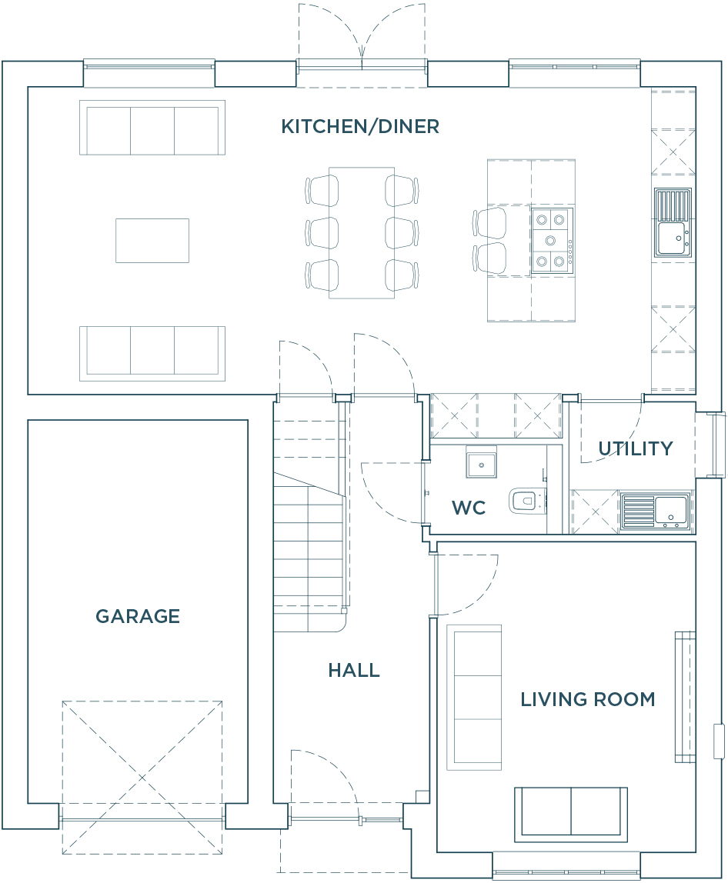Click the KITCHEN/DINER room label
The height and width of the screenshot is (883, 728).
coord(360,127)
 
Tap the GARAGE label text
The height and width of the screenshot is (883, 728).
coord(138,616)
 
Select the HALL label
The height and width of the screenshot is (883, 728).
coord(354,670)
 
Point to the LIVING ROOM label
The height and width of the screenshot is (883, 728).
coord(588,699)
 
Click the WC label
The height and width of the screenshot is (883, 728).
coord(469,508)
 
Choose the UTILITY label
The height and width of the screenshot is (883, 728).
coord(636,449)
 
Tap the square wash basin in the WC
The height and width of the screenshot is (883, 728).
coord(481,462)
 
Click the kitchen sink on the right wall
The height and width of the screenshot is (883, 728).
coord(673,222)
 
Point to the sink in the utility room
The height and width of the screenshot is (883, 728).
coord(656,511)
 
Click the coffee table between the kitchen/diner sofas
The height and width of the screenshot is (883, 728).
coord(152,241)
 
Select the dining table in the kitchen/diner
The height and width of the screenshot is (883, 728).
coord(362,232)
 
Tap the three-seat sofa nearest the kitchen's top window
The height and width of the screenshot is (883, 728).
coord(152,127)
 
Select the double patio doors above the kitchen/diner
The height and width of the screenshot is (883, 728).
coord(362,36)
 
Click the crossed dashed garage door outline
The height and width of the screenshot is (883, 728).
coord(142,778)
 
